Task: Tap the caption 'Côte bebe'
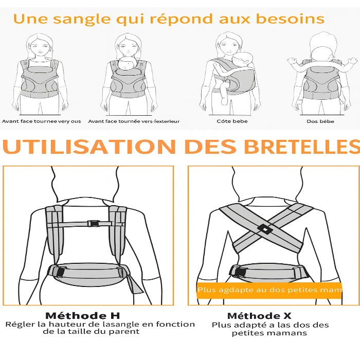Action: point(232,121)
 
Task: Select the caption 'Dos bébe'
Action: point(320,121)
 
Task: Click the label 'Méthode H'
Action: point(82,316)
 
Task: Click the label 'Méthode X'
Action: point(259,316)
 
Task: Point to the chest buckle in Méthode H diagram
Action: point(93,224)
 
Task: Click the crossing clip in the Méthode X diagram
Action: point(264,228)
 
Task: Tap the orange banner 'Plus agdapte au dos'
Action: point(269,290)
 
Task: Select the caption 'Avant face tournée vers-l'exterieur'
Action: point(134,121)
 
